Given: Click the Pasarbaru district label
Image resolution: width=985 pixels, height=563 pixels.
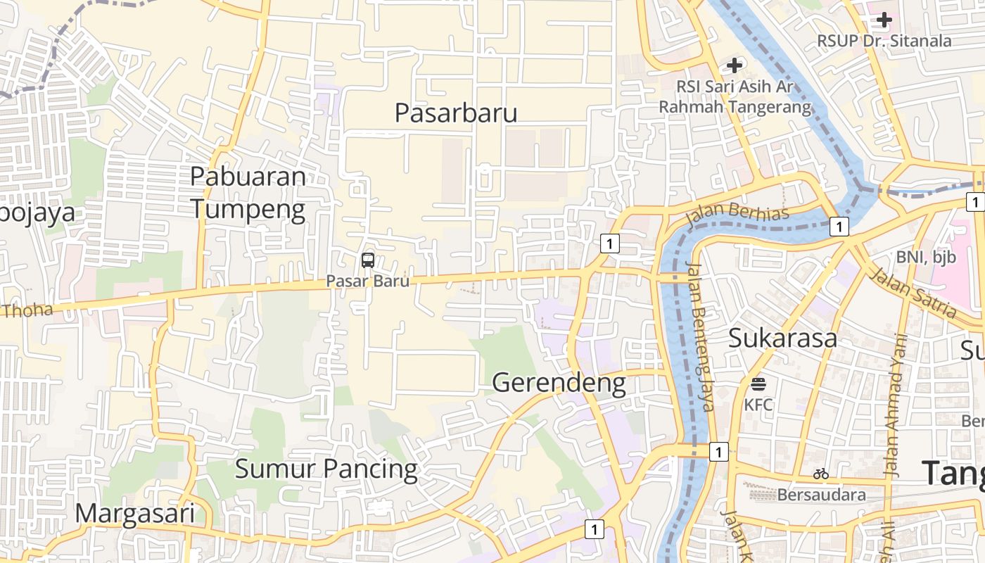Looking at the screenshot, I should [456, 113].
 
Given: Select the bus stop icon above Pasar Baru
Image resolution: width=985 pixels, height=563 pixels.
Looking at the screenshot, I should [367, 260].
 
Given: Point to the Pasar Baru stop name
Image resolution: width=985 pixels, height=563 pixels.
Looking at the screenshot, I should [367, 281].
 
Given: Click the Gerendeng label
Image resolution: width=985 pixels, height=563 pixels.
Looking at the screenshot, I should [559, 383].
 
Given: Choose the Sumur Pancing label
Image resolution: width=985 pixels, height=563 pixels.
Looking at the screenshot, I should [326, 469].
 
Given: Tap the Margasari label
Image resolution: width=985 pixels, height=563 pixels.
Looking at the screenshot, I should [134, 514].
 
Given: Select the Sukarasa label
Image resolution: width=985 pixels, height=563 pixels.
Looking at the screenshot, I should [782, 338].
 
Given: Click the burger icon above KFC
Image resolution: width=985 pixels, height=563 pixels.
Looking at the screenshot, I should [758, 384].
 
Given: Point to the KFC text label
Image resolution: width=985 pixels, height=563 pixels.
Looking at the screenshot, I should [758, 405].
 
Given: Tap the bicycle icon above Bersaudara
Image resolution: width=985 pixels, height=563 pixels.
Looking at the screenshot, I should [820, 474].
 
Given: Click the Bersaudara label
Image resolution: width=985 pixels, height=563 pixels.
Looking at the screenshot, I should [821, 495].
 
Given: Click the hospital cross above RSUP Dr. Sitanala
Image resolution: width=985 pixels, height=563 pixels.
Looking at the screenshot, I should [884, 20].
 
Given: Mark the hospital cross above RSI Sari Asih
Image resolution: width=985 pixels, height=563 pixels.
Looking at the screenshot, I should [735, 65].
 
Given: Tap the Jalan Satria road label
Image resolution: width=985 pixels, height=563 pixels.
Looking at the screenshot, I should [913, 292].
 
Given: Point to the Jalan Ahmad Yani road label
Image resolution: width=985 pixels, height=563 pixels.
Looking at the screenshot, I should [895, 405].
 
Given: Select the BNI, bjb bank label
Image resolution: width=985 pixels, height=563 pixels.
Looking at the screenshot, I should [926, 258].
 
